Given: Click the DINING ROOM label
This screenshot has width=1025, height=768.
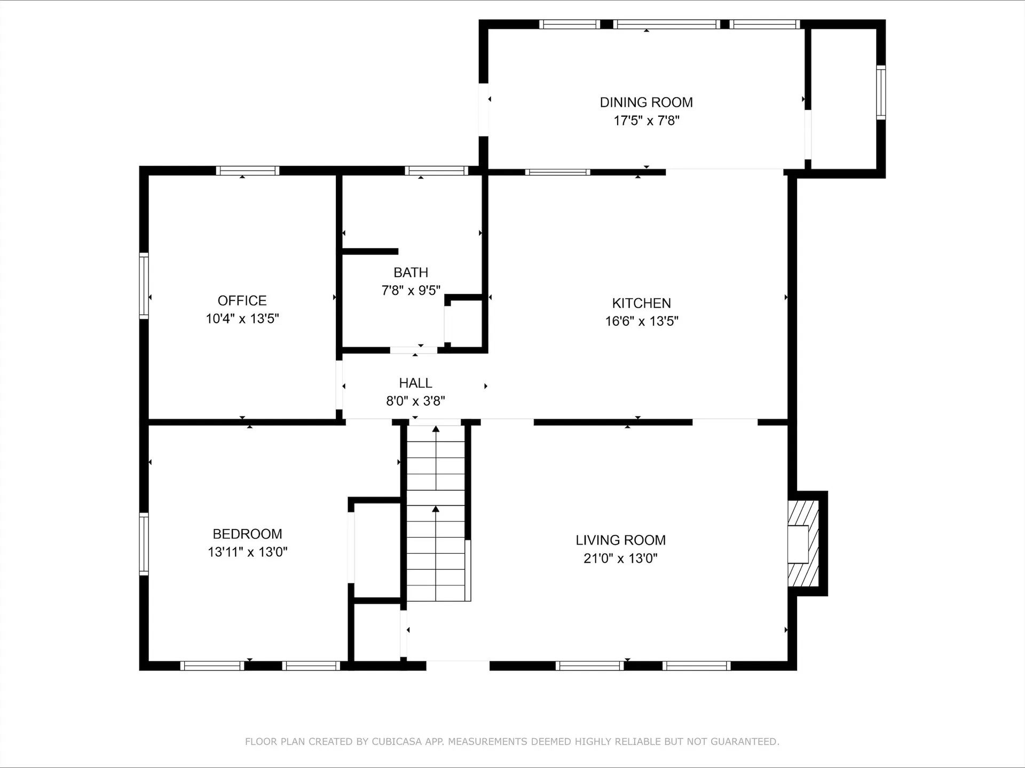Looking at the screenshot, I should pos(646,102).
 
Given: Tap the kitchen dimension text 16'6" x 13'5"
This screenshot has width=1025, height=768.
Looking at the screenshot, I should pos(641,321).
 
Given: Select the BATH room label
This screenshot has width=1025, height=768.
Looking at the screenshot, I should pos(411,273).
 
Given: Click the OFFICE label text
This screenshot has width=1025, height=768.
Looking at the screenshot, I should pos(242,300).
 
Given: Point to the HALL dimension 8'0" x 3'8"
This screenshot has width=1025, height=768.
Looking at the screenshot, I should pos(415,401).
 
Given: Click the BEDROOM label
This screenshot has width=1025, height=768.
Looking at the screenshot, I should pos(247,534).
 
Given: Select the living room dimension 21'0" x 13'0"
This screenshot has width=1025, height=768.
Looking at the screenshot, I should pos(620,558).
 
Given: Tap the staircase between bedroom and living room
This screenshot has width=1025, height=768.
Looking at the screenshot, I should pos(436,512).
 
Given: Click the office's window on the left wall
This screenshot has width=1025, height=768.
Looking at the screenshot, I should pos(144,286).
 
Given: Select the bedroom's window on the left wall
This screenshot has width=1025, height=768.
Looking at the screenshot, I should pos(144,544).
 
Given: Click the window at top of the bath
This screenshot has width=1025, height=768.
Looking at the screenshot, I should pos(436,171).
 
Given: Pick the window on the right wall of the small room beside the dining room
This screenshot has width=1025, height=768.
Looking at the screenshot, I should pos(881,92).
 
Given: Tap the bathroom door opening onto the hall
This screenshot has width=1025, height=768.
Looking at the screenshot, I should pos(414,350).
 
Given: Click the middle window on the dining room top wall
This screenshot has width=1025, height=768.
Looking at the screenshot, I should pos(666,24).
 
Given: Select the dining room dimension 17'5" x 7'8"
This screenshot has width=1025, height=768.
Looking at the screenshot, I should pos(646,121).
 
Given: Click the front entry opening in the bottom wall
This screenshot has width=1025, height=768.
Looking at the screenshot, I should pos(458,665).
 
